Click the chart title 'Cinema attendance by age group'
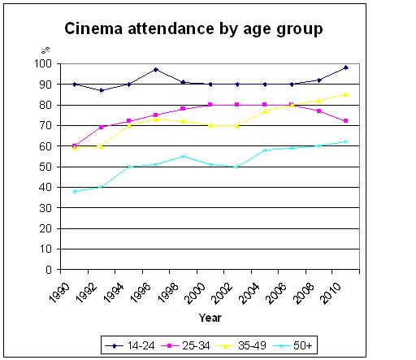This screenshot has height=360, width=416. point(193,30)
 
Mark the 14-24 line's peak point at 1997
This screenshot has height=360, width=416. point(155,70)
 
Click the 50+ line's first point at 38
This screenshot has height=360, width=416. point(74,191)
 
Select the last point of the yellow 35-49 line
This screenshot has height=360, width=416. point(347,94)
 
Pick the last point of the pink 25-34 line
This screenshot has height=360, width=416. point(347,121)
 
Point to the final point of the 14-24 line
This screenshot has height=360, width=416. point(347,67)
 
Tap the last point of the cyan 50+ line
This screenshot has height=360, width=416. point(347,141)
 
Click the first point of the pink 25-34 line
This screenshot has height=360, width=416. point(74,145)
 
